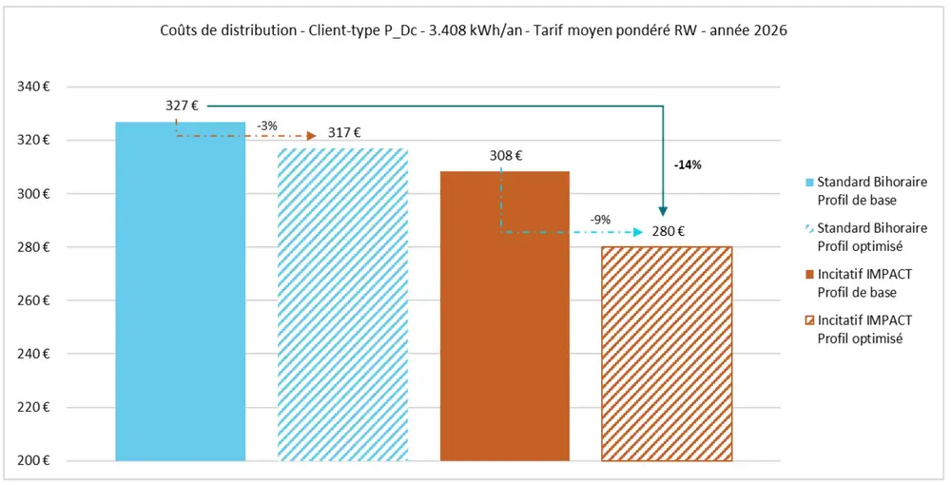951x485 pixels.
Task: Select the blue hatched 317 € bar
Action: (x=342, y=304)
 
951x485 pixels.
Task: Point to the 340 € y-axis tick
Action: (x=33, y=87)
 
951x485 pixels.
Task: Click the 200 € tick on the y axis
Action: (x=33, y=461)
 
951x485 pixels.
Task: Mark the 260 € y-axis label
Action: (x=33, y=301)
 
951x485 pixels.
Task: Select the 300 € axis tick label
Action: (x=33, y=194)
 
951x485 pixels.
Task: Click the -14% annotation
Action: (x=688, y=165)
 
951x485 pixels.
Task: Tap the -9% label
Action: (x=600, y=221)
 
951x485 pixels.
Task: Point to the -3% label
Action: (x=267, y=126)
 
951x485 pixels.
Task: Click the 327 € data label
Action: (x=182, y=106)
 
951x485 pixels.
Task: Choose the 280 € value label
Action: (x=669, y=231)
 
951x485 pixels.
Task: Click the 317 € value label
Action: (x=344, y=133)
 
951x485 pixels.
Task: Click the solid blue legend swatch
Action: (x=809, y=182)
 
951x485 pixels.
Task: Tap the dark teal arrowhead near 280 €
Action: (x=663, y=211)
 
